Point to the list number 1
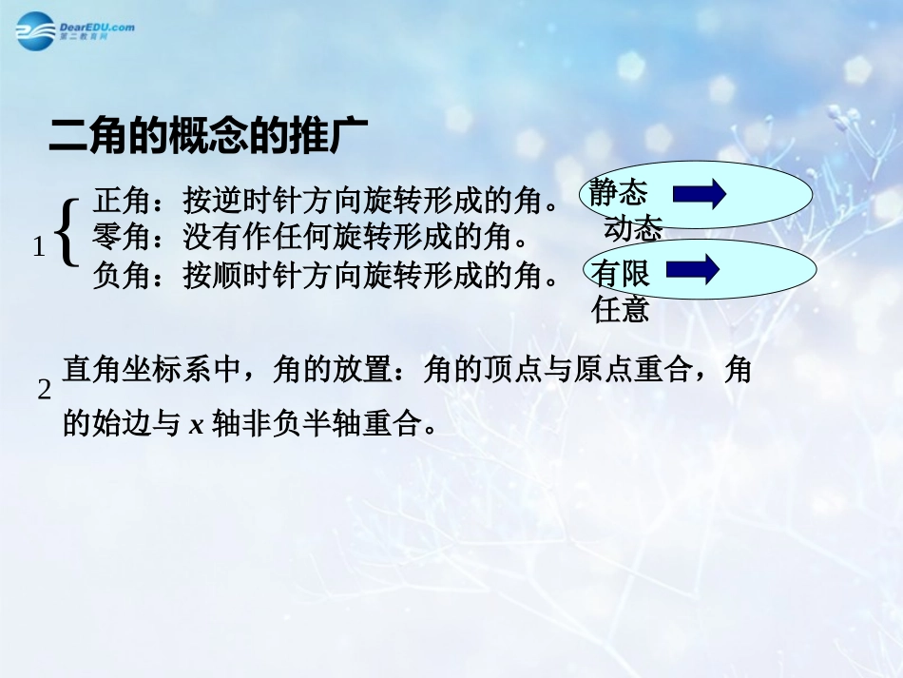click(x=39, y=248)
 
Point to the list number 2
click(x=43, y=390)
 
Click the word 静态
click(x=618, y=193)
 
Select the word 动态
click(x=632, y=228)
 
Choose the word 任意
click(x=621, y=310)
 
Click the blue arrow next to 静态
click(x=699, y=195)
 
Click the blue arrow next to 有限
click(x=693, y=270)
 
